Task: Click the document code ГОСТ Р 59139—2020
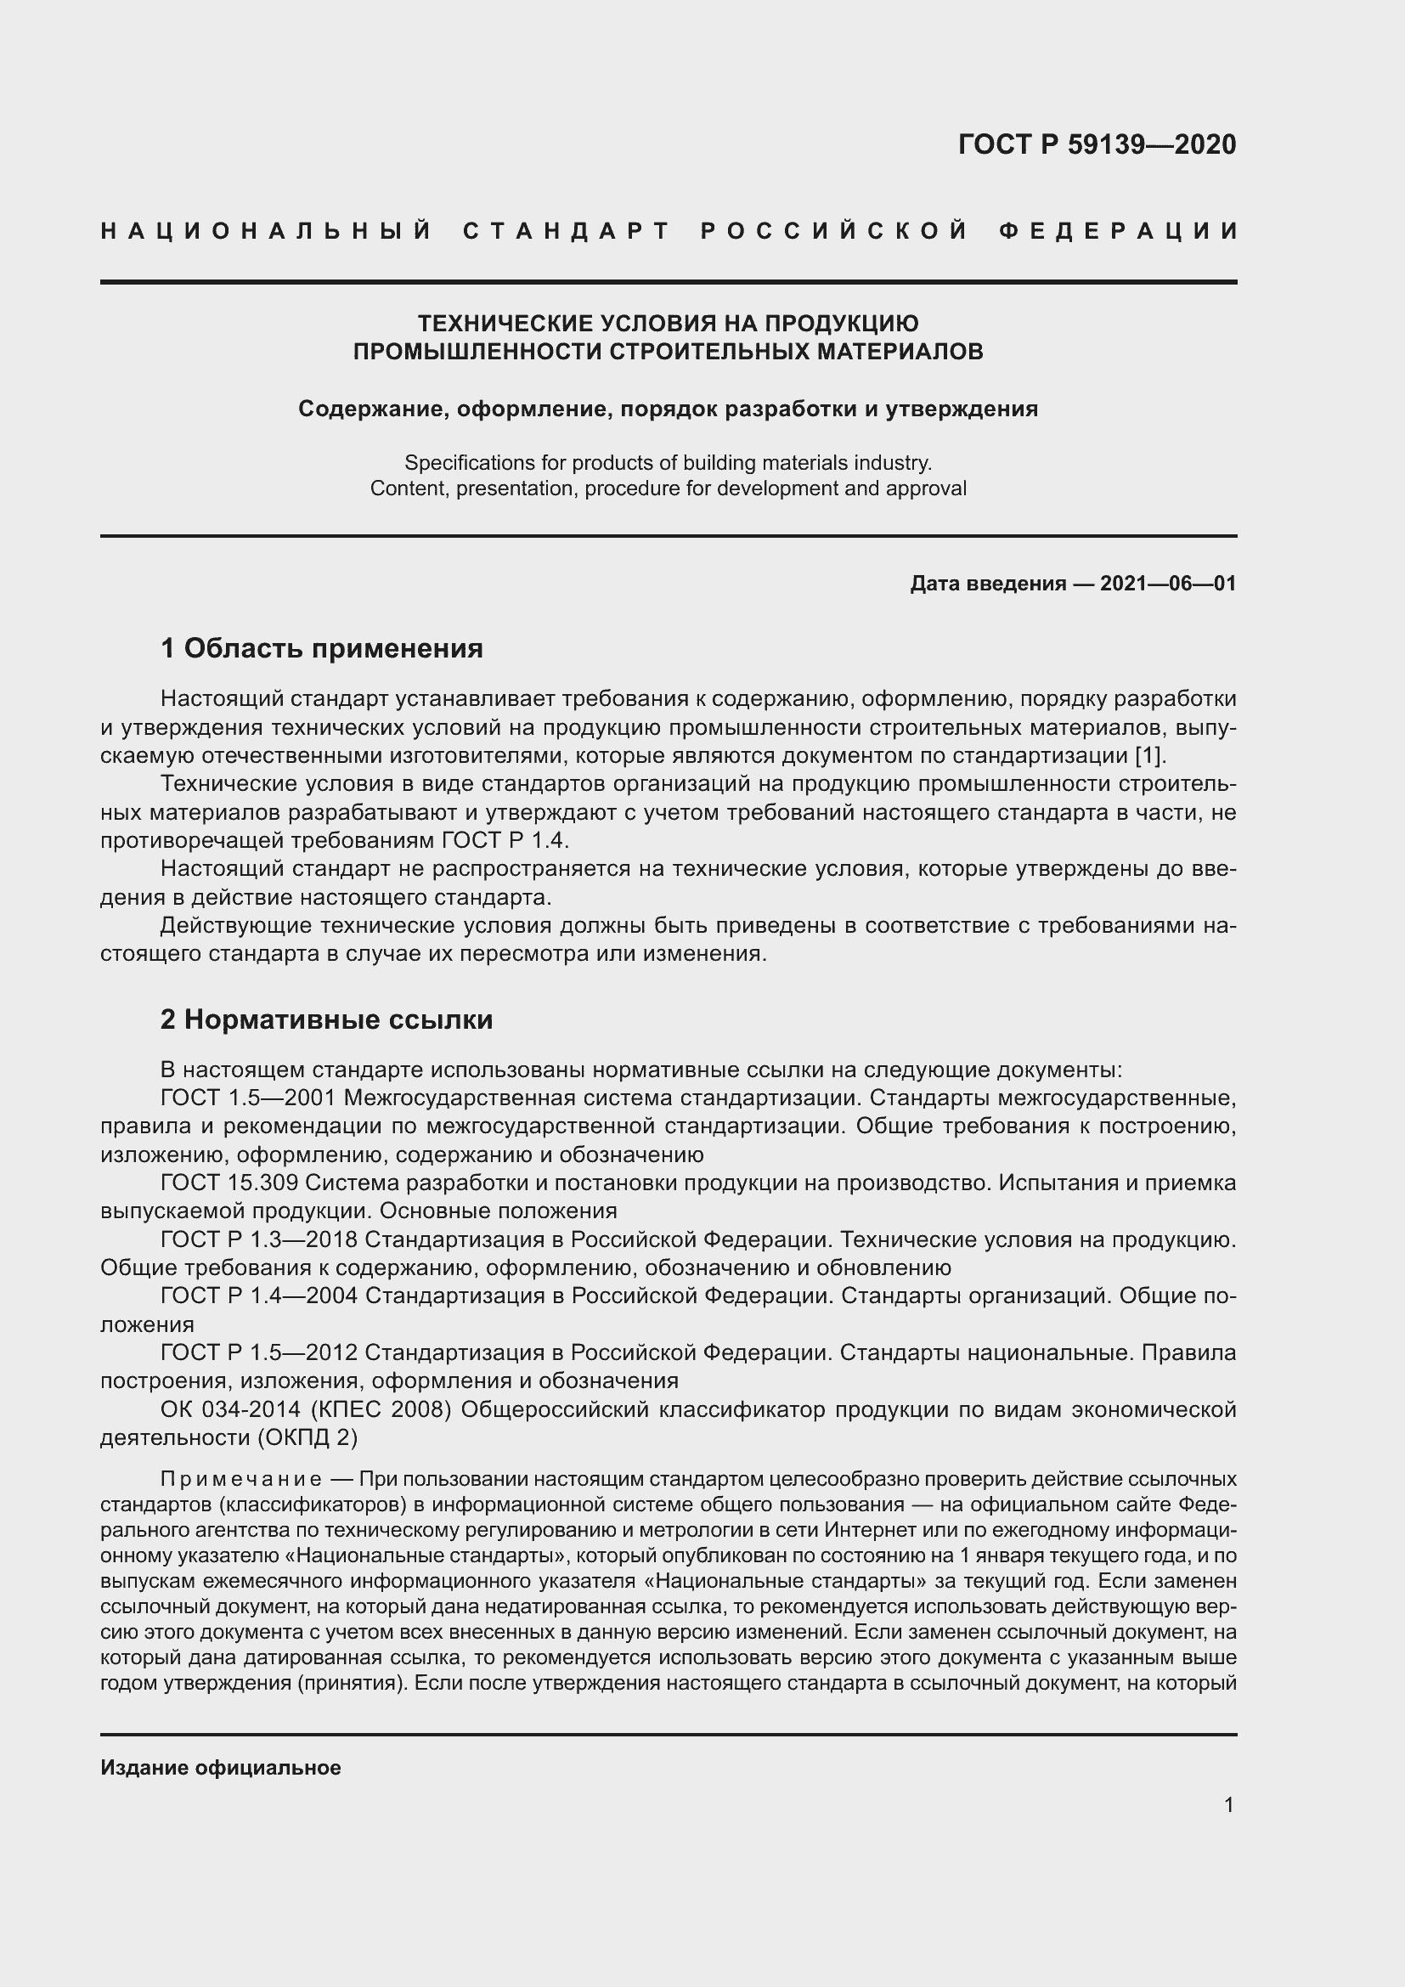click(1096, 144)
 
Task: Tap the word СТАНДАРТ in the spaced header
click(567, 231)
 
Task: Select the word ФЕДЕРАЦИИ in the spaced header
click(1118, 231)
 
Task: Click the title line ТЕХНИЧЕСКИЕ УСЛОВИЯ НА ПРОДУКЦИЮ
click(668, 324)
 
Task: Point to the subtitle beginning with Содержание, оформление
click(668, 409)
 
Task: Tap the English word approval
click(930, 489)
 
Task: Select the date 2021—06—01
click(1168, 584)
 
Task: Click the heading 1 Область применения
click(322, 648)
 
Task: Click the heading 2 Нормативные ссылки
click(326, 1019)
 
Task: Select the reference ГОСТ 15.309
click(229, 1183)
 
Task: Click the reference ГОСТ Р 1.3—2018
click(259, 1239)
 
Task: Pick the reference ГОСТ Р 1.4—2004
click(259, 1296)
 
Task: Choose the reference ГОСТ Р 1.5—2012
click(259, 1352)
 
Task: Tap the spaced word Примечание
click(241, 1478)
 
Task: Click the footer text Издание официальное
click(221, 1768)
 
